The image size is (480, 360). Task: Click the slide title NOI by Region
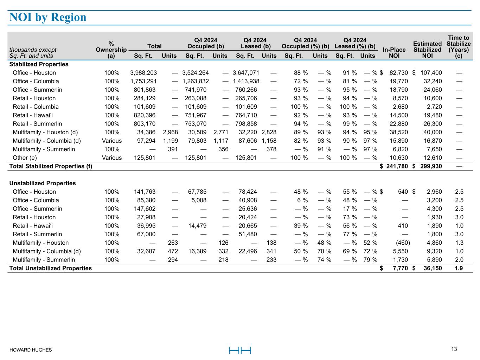pos(48,17)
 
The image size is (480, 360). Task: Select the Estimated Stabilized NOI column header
pos(427,50)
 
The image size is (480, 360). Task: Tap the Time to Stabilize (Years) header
pos(459,47)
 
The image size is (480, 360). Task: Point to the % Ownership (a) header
pos(111,50)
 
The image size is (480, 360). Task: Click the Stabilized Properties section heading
pos(39,64)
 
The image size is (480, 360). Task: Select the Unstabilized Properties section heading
pos(42,183)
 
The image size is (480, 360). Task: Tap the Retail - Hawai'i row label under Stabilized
pos(36,115)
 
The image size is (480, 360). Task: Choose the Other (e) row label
pos(25,158)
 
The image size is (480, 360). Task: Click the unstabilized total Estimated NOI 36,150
pos(431,268)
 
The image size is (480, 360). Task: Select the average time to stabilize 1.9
pos(459,268)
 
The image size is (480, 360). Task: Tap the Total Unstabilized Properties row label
pos(50,268)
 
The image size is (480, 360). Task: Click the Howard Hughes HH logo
pos(240,350)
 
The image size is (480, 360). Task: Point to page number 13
pos(454,349)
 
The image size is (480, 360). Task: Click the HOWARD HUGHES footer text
pos(31,350)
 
